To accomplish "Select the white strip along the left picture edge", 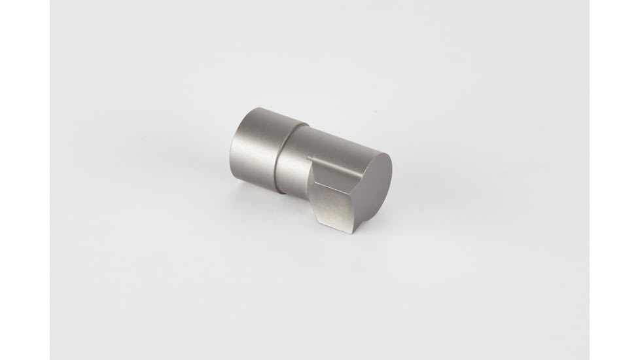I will click(24, 180).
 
